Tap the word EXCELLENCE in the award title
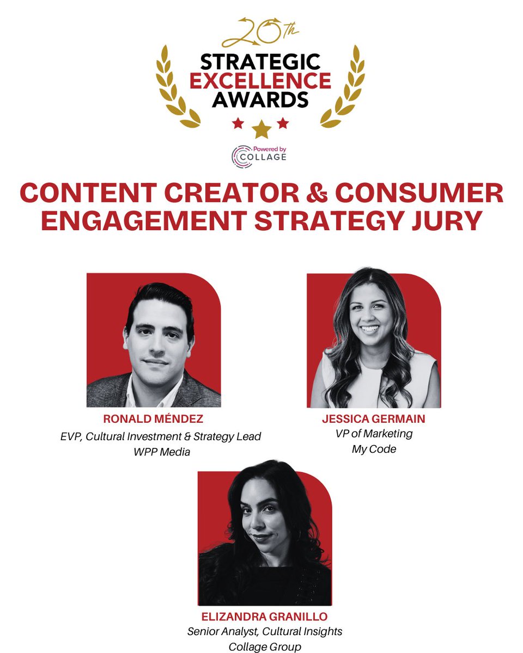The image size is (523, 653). click(x=260, y=81)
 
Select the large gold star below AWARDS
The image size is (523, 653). click(x=261, y=128)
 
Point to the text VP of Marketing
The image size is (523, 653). click(x=374, y=434)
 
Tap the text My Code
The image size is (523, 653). click(x=374, y=449)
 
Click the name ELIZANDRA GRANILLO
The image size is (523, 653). click(x=264, y=617)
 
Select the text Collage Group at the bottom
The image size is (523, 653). click(x=264, y=647)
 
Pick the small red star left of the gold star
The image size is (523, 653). click(x=238, y=124)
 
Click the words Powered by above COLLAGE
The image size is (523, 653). click(x=269, y=149)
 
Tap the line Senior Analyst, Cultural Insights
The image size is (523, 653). click(x=264, y=632)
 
